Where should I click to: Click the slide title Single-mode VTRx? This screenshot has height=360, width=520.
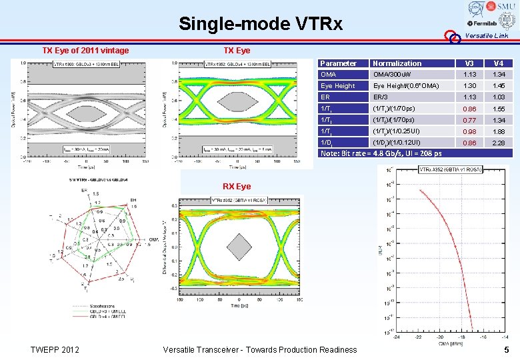(260, 25)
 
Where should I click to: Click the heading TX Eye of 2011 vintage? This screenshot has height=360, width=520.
(86, 51)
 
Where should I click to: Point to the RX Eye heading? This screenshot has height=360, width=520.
(237, 186)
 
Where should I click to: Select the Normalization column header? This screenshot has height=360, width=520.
(397, 63)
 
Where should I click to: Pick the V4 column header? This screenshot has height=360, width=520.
(498, 63)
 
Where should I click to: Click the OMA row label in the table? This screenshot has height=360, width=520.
(329, 75)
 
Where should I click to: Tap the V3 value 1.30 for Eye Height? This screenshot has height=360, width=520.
(471, 86)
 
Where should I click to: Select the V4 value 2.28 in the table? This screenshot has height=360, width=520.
(498, 143)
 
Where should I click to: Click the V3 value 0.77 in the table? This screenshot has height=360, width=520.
(471, 120)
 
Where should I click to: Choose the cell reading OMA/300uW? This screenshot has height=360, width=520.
(393, 75)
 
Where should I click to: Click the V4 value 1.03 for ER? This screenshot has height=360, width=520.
(498, 97)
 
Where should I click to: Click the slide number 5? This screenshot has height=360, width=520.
(507, 349)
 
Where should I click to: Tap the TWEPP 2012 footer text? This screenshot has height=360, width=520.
(55, 350)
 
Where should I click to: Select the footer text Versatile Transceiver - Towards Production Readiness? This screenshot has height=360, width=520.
(260, 350)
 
